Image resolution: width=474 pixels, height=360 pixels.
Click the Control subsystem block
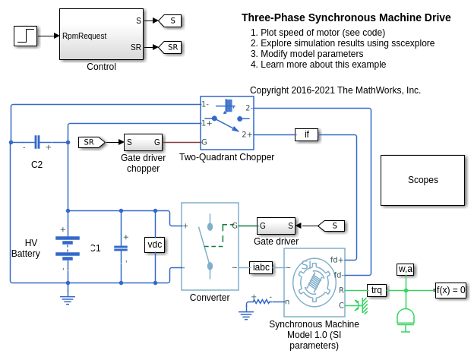pos(101,34)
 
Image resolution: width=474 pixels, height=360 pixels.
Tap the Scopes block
pos(422,180)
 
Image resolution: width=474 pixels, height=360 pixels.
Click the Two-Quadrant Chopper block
pos(226,123)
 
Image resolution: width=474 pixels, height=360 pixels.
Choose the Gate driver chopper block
pos(143,142)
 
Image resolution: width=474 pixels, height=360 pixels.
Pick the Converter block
pos(210,246)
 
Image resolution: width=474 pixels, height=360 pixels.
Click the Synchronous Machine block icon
pos(314,283)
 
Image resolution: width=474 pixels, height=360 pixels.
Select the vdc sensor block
pos(155,244)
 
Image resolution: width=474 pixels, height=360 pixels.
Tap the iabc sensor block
pos(261,267)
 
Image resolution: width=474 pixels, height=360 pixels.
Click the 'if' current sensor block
pos(306,135)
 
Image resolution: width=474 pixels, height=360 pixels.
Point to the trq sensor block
pos(377,289)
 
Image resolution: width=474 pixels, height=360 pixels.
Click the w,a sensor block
pos(406,269)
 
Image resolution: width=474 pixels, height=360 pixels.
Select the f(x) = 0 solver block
pos(450,289)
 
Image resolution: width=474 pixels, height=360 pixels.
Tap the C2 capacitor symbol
pos(36,142)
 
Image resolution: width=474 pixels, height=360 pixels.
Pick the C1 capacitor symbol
pos(121,247)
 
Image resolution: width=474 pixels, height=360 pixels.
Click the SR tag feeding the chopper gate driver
pos(91,142)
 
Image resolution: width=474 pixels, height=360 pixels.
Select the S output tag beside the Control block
pos(169,21)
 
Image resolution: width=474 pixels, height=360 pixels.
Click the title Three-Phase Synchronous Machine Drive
pos(346,17)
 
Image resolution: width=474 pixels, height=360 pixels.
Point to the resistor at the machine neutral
pos(261,302)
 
